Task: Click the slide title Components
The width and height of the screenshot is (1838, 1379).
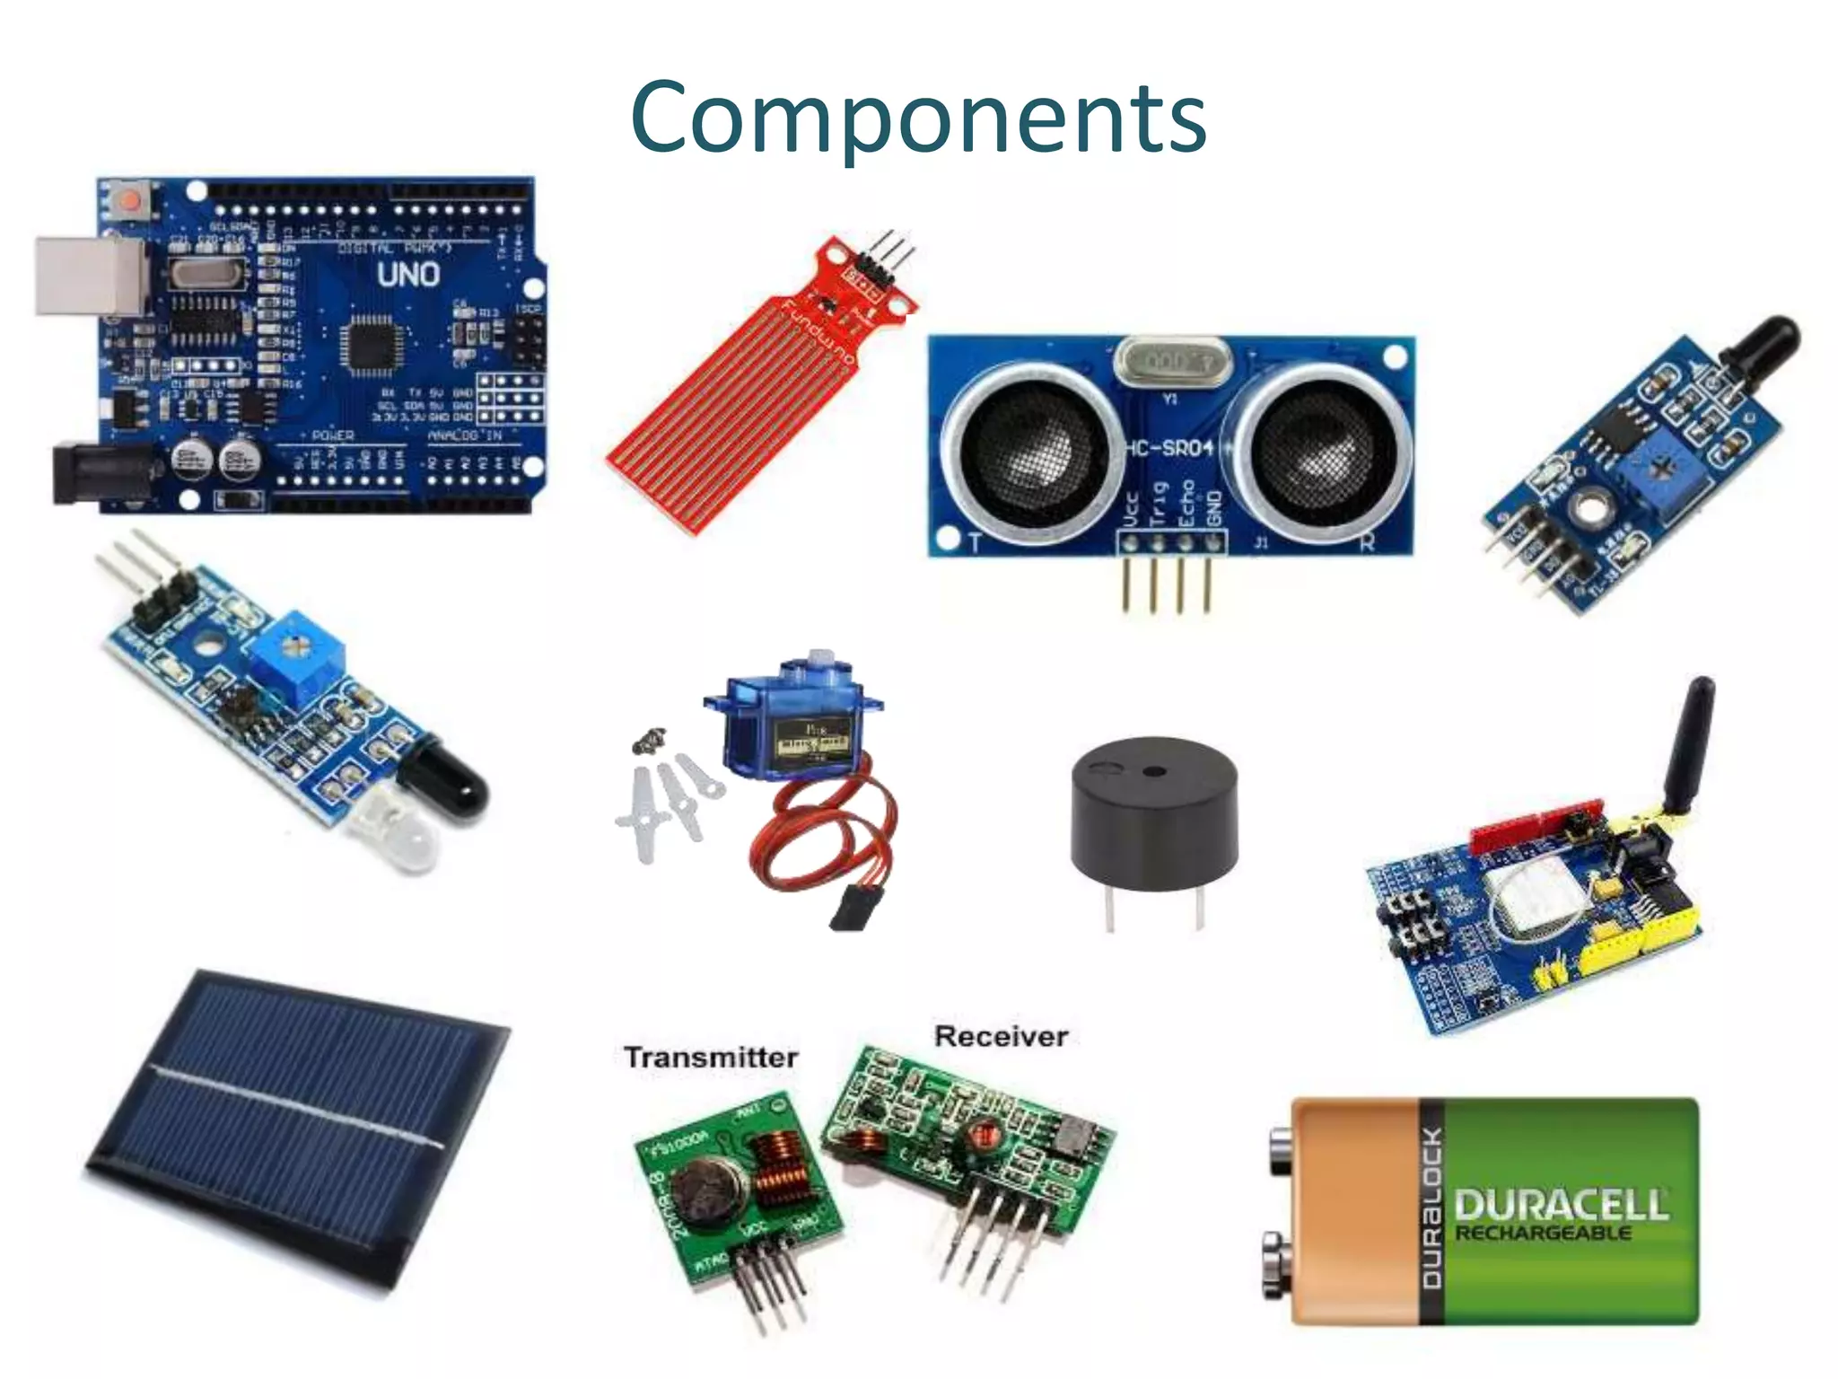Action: (918, 119)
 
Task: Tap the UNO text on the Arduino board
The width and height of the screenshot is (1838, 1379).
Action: (408, 274)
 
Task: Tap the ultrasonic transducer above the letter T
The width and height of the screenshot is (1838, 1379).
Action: (1029, 446)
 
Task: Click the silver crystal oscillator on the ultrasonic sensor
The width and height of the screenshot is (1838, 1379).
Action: (1172, 362)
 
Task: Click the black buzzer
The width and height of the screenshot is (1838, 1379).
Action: (1153, 812)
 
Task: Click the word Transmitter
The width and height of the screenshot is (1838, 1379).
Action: (711, 1058)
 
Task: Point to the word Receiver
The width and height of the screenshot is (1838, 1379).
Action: (1001, 1036)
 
